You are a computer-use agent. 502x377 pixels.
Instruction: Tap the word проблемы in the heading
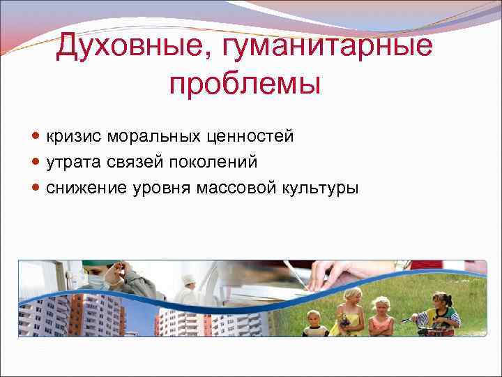(x=244, y=84)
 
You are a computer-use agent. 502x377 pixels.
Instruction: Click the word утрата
(x=74, y=162)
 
